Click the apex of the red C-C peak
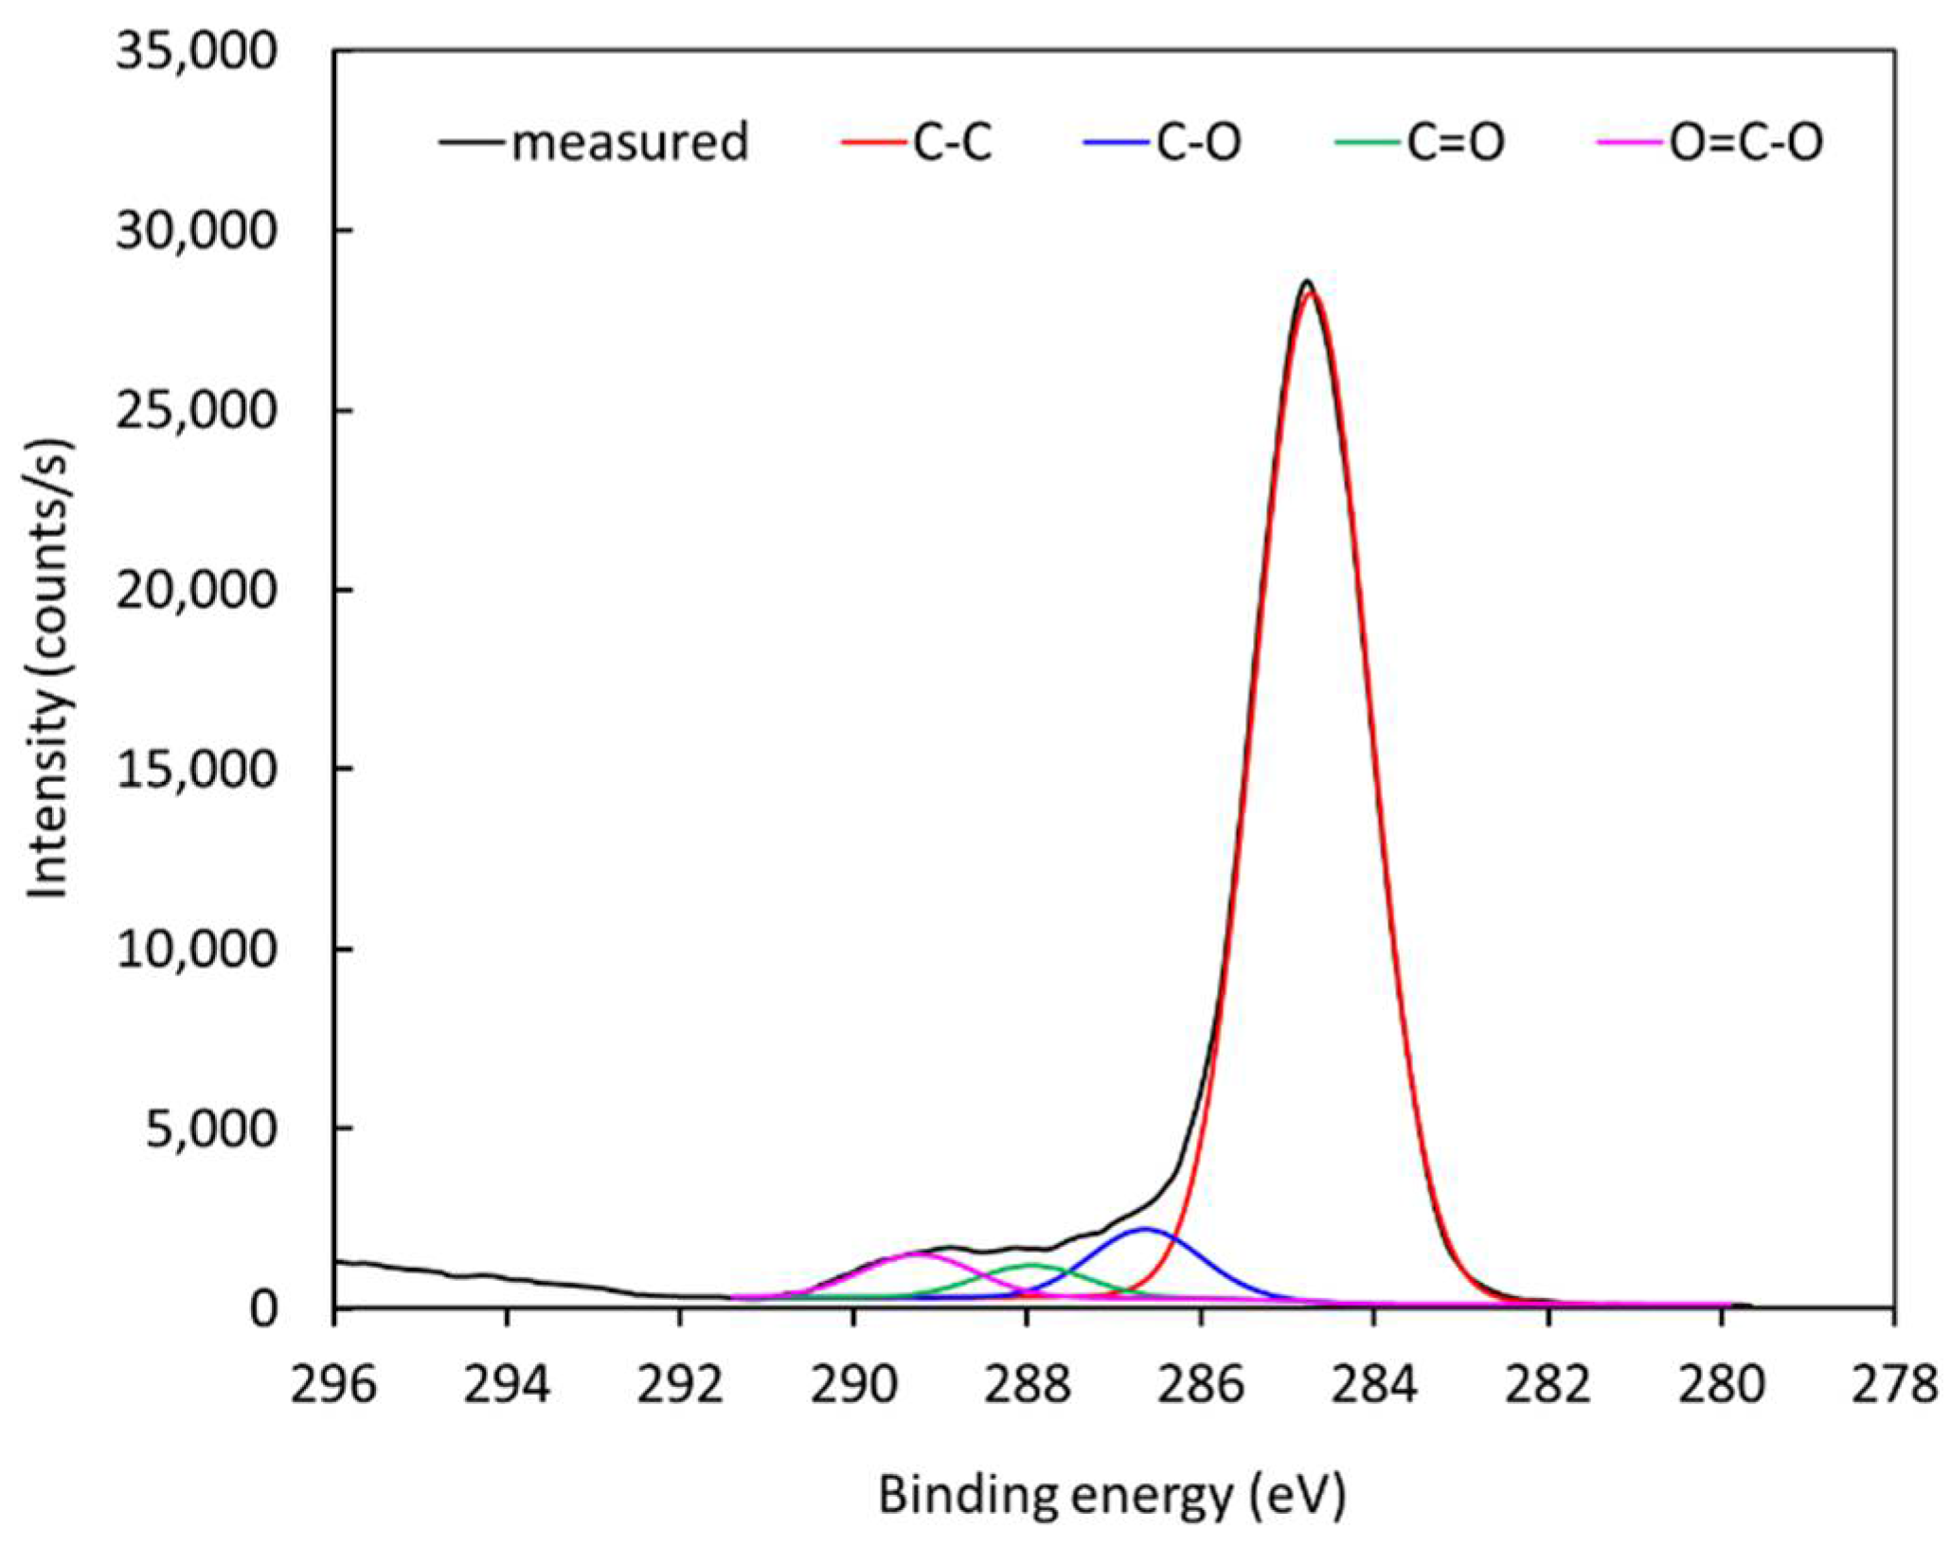coord(1310,293)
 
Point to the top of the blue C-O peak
coord(1145,1229)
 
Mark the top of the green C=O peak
coord(1032,1264)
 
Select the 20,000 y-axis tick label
coord(197,589)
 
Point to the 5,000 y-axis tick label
coord(210,1128)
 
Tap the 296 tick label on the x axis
coord(333,1385)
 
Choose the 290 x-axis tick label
coord(853,1385)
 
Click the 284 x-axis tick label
coord(1373,1385)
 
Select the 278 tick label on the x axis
coord(1892,1385)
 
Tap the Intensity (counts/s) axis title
coord(48,667)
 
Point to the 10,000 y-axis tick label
coord(197,949)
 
